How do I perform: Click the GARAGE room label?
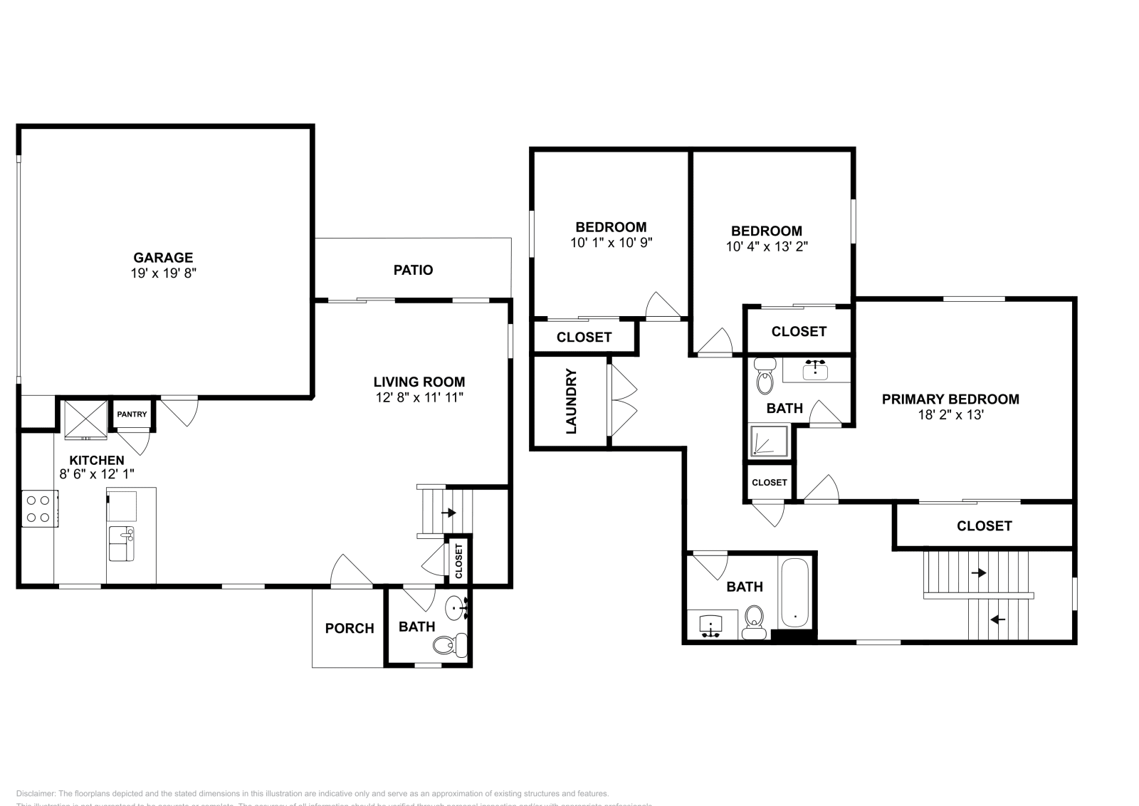[163, 258]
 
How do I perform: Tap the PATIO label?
[413, 270]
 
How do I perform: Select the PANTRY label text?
[132, 414]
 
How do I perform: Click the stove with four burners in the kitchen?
[39, 508]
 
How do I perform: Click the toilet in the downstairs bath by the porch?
[448, 645]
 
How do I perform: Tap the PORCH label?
[349, 628]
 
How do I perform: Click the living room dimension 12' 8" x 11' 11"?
[419, 397]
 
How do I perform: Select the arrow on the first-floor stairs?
[448, 512]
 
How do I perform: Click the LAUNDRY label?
[571, 402]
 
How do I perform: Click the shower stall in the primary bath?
[769, 441]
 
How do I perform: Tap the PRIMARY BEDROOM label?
[950, 399]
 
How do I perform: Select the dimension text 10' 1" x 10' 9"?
[611, 243]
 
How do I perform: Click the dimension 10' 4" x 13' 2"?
[767, 246]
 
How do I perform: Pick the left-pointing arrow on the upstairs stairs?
[997, 619]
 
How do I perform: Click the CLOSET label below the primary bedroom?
[984, 525]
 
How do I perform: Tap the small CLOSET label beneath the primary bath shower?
[770, 482]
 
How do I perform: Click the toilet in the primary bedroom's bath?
[765, 377]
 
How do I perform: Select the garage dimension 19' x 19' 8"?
[163, 273]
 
